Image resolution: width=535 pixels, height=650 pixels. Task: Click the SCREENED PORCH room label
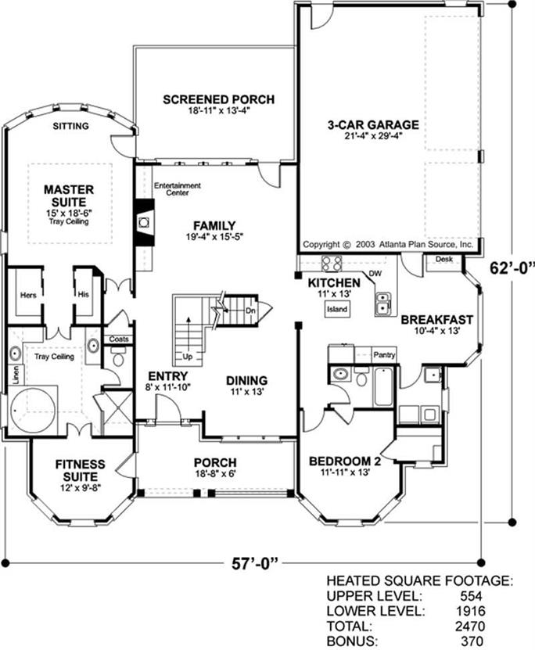click(x=218, y=99)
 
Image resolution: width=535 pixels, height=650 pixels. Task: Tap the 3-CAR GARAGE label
click(x=373, y=124)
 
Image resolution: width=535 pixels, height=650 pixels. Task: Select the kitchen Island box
click(x=337, y=309)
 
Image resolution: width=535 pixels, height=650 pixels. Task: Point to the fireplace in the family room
click(x=144, y=223)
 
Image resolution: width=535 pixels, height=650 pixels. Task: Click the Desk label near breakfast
click(x=443, y=259)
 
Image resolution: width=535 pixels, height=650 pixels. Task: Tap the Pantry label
click(x=384, y=355)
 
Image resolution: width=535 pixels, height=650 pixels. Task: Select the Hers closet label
click(x=28, y=296)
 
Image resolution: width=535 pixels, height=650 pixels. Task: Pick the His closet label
click(x=83, y=295)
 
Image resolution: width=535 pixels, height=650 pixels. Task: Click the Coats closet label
click(x=119, y=339)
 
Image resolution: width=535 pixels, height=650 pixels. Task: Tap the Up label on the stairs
click(x=187, y=357)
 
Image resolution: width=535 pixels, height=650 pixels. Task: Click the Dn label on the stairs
click(x=250, y=311)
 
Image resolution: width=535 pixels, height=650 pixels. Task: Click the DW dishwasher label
click(x=375, y=274)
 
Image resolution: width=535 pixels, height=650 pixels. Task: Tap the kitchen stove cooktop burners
click(x=332, y=264)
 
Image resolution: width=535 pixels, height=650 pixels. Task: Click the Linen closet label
click(x=16, y=375)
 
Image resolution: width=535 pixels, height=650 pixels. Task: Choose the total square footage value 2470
click(x=470, y=626)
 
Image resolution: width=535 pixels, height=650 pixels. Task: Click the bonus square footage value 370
click(x=472, y=641)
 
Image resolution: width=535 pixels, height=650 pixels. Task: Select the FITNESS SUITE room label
click(x=81, y=471)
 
